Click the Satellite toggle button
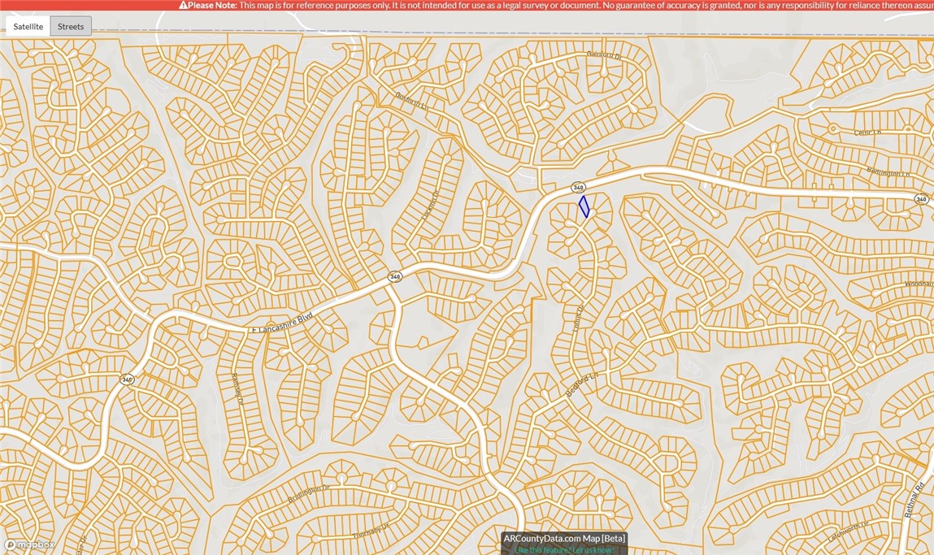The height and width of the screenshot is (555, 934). [x=28, y=27]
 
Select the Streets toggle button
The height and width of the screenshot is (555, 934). [x=71, y=27]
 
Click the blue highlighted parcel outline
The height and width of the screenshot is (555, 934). [x=584, y=206]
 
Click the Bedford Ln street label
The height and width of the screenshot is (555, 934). [x=582, y=385]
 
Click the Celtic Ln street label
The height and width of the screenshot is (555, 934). [x=867, y=132]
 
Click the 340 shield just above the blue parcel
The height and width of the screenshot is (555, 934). [x=578, y=188]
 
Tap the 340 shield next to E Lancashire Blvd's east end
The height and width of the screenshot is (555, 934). [x=394, y=277]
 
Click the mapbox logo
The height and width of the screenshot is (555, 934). [x=29, y=544]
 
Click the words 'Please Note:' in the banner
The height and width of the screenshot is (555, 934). [x=213, y=5]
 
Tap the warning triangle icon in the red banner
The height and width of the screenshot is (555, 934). [x=183, y=5]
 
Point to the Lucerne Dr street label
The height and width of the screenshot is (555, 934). [x=431, y=206]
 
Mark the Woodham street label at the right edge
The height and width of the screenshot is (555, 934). [x=919, y=284]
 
